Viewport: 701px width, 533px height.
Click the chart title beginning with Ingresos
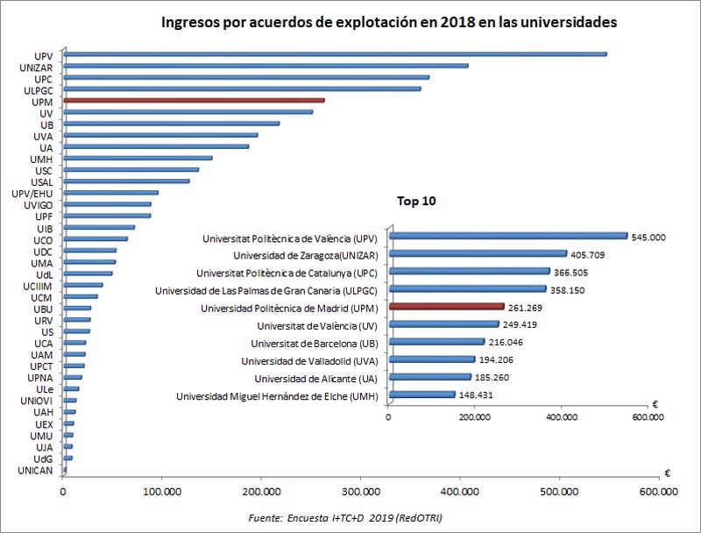click(389, 22)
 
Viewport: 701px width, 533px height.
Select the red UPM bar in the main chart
click(193, 101)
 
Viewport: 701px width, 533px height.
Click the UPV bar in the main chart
click(333, 54)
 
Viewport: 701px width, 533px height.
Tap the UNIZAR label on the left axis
click(38, 66)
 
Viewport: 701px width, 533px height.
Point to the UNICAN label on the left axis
click(36, 471)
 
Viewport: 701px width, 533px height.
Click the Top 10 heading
click(416, 201)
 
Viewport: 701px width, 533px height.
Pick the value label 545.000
click(650, 237)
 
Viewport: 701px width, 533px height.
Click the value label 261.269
click(527, 308)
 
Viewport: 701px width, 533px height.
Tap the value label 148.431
click(478, 396)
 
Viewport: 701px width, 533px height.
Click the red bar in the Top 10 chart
click(446, 307)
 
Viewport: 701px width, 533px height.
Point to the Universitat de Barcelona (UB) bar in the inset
click(435, 342)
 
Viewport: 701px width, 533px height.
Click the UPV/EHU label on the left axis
click(36, 192)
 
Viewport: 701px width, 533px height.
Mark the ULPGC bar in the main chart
click(241, 89)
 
